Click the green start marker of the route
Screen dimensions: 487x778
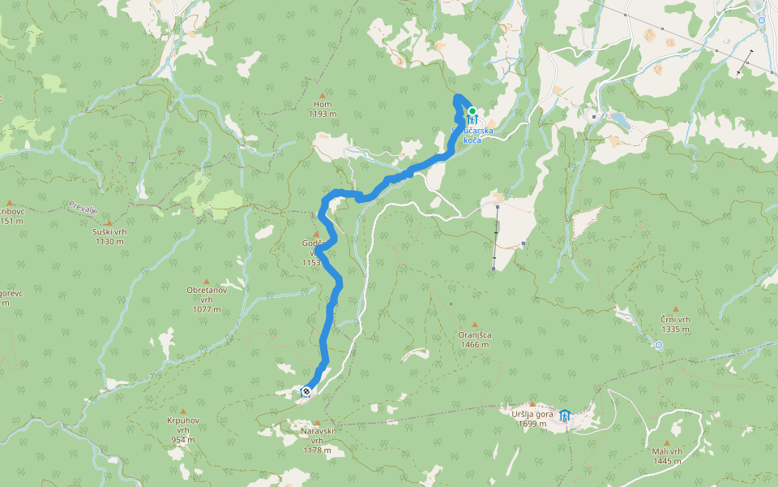[x=472, y=111]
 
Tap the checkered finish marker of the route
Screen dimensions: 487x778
[x=306, y=392]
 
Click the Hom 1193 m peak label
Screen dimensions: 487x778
[x=322, y=110]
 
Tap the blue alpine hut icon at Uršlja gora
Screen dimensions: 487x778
[x=565, y=416]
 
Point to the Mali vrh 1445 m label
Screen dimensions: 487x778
[x=667, y=456]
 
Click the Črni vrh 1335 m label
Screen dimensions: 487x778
[x=675, y=325]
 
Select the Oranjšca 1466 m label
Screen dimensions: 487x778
[x=474, y=339]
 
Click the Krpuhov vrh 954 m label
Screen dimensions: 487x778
[x=183, y=429]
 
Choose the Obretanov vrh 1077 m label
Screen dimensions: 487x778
[x=207, y=299]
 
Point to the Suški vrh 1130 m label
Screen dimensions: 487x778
[x=109, y=235]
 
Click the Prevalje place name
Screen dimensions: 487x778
[x=83, y=208]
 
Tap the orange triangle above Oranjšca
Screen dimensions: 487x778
[x=474, y=324]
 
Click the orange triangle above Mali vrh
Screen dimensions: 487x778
[x=667, y=442]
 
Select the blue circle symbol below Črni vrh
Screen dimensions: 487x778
[x=658, y=346]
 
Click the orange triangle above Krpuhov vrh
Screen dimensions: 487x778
[x=183, y=412]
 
